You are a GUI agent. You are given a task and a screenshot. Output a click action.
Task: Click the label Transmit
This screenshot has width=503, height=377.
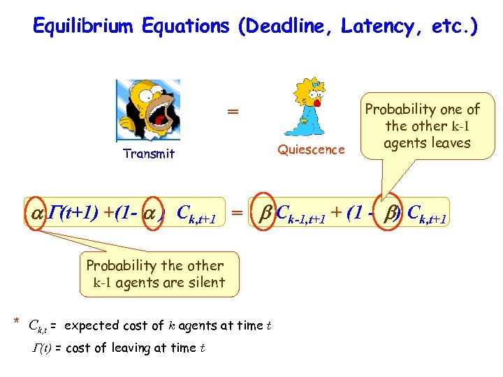[148, 154]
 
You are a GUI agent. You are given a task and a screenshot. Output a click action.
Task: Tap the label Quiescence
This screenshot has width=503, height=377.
[311, 149]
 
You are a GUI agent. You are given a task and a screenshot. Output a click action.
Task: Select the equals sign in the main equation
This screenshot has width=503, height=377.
[238, 212]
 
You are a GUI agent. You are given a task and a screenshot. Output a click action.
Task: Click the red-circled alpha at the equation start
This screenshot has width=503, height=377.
[36, 212]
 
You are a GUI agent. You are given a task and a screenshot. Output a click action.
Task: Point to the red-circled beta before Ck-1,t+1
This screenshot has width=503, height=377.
[263, 212]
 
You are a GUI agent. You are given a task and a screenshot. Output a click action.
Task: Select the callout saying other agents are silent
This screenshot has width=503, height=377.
[155, 274]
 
